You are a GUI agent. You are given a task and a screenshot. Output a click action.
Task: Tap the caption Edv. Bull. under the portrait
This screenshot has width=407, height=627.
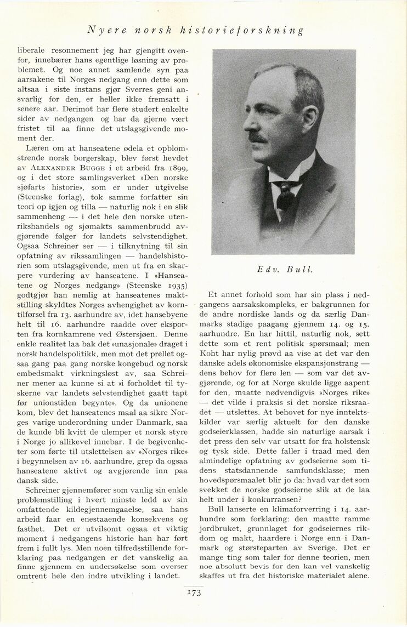click(284, 270)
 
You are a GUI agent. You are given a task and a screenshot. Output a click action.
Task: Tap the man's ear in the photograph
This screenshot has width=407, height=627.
click(308, 121)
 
